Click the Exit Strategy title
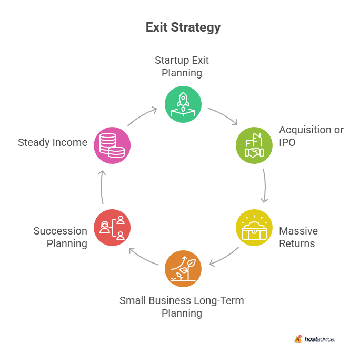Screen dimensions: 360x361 (183, 27)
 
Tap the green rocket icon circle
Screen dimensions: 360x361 (183, 104)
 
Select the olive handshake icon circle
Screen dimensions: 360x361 (254, 145)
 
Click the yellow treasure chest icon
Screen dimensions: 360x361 (254, 228)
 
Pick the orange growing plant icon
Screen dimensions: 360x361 (183, 268)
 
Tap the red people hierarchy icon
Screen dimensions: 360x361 (112, 228)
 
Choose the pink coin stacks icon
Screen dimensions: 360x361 (112, 145)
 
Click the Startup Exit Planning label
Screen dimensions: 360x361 (182, 66)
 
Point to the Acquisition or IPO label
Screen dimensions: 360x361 (311, 136)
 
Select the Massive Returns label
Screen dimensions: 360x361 (298, 237)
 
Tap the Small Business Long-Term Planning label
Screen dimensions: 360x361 (182, 307)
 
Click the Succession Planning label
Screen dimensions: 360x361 (60, 237)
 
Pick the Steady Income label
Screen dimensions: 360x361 (53, 142)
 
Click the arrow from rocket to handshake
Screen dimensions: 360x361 (224, 115)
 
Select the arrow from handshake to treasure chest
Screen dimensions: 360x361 (265, 186)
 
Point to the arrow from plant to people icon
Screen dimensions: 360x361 (143, 257)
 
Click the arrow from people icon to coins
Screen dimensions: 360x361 (102, 187)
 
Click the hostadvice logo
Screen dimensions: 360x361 (314, 339)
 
